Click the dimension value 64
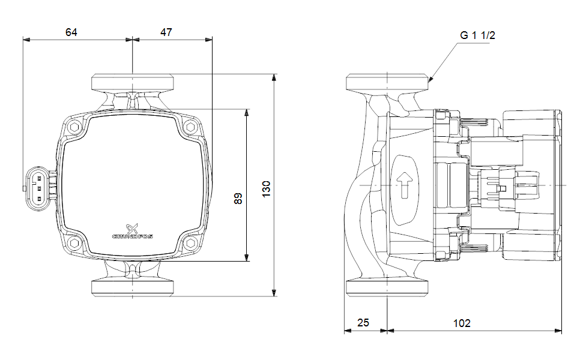(71, 32)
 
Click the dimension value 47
(166, 32)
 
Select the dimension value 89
(238, 199)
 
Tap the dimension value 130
(267, 188)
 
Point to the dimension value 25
(363, 323)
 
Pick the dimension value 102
(462, 323)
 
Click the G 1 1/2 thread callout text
(478, 35)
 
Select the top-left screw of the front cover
(75, 127)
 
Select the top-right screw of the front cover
(190, 127)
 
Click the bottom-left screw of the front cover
(75, 242)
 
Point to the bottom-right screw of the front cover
(190, 242)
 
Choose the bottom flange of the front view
(132, 288)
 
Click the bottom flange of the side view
(388, 288)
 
